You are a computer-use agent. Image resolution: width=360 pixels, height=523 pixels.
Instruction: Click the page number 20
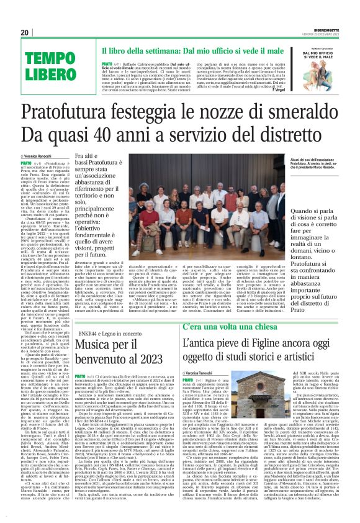coord(25,32)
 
